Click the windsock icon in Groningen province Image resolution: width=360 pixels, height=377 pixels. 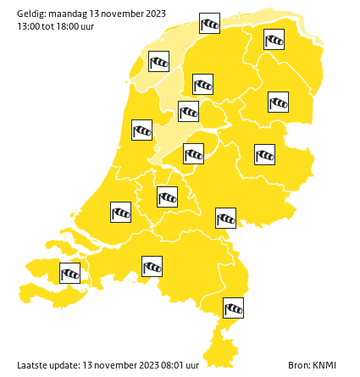(274, 39)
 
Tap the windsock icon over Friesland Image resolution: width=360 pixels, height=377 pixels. (202, 84)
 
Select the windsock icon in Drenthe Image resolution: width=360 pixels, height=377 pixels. (278, 103)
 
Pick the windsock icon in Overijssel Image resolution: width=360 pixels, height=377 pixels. (264, 154)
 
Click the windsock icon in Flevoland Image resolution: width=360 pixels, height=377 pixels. (194, 153)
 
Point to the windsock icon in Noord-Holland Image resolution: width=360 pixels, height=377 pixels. (141, 130)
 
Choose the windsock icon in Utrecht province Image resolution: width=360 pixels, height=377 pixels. (167, 197)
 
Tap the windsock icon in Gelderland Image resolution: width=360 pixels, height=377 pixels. (225, 218)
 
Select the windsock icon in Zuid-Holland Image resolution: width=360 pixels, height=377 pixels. (121, 211)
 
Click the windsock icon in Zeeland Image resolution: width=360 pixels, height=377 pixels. (69, 273)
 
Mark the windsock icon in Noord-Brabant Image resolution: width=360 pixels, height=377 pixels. (152, 266)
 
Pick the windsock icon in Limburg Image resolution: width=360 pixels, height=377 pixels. (233, 308)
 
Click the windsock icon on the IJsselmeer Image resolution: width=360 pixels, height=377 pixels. (188, 111)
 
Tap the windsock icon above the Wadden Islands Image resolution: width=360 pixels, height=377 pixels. (209, 24)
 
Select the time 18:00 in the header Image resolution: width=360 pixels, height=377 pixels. (67, 26)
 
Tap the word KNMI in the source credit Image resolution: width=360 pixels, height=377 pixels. (324, 365)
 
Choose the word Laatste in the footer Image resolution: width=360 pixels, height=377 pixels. (31, 365)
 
